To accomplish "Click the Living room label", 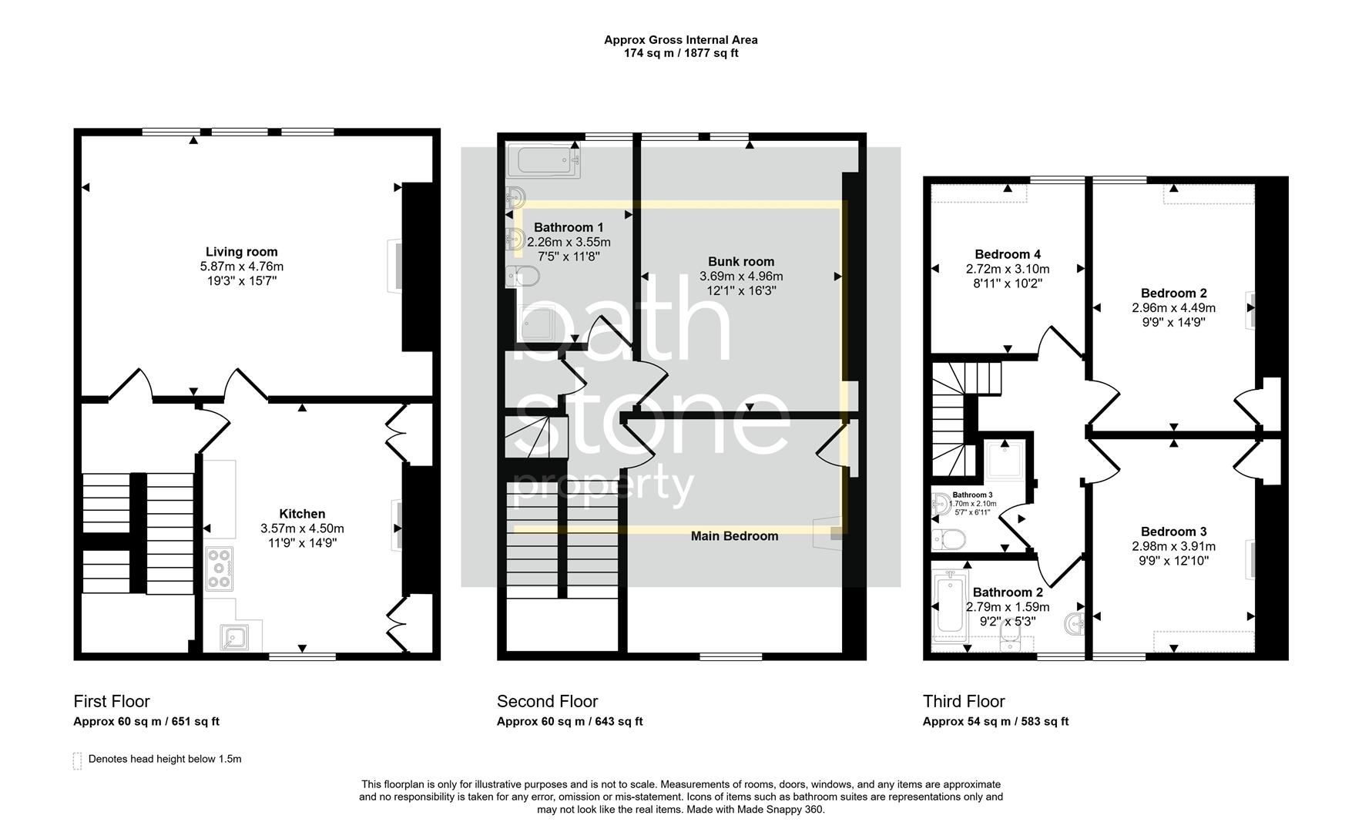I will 241,252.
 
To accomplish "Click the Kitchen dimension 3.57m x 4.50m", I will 302,528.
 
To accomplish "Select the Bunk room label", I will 741,262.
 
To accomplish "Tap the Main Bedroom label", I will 734,536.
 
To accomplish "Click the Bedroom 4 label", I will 1008,254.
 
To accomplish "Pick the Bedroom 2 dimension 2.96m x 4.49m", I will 1173,307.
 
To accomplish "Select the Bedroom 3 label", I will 1173,532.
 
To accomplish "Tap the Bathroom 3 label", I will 972,495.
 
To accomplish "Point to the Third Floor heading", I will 964,701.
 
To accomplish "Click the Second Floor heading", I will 547,701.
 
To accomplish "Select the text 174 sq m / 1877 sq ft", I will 680,53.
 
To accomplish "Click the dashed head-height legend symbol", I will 77,760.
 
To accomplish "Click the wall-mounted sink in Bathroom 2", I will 1075,622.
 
